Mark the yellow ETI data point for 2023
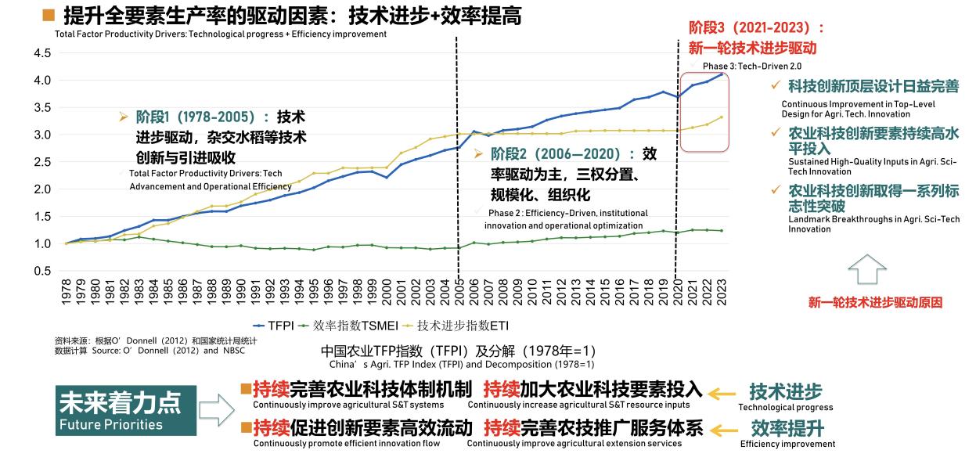point(721,117)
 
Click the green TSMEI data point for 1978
point(67,243)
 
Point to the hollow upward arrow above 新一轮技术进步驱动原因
point(867,269)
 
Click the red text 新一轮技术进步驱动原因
point(874,302)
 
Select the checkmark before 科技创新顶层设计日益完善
point(776,85)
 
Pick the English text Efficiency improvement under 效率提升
point(787,445)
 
